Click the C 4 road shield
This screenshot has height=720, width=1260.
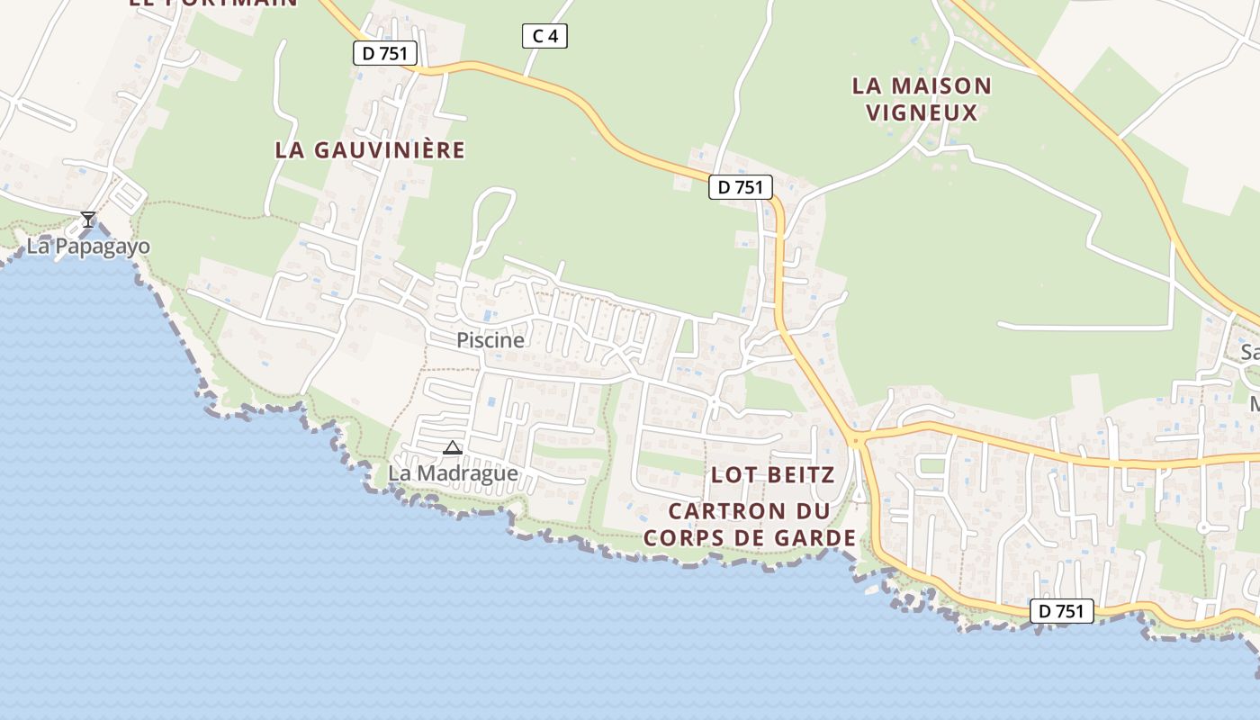point(544,36)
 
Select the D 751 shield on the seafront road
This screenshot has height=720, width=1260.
point(1061,611)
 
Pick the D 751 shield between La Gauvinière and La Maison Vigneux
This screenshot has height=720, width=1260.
point(741,187)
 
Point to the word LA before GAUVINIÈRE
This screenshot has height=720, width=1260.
point(289,150)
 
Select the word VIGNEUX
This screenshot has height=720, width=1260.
point(921,112)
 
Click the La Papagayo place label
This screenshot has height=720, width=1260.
point(88,247)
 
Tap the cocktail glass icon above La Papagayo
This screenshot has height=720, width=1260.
point(88,220)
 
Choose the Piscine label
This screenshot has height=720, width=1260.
point(490,340)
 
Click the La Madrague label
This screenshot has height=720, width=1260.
point(453,473)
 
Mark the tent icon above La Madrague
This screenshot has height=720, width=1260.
point(453,447)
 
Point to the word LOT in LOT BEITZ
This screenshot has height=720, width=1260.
point(732,474)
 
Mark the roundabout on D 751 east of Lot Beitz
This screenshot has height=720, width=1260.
point(854,439)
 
